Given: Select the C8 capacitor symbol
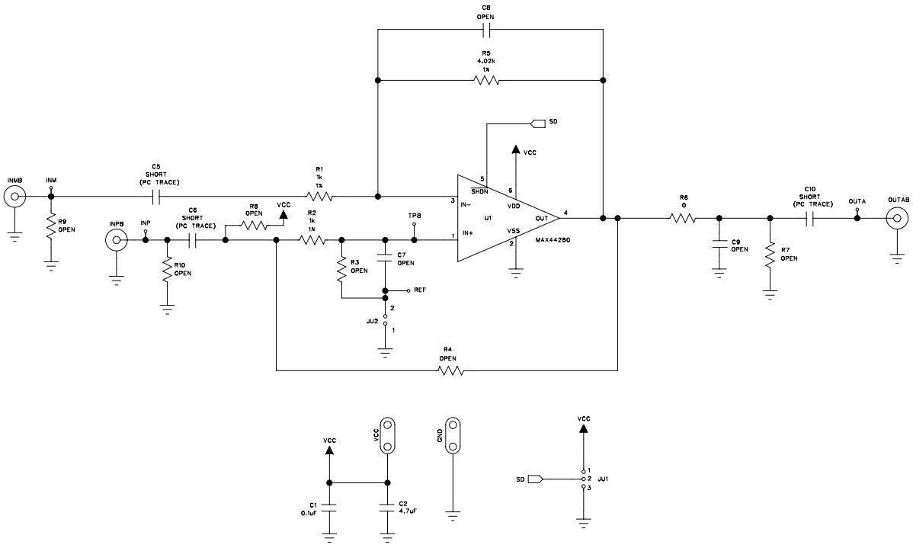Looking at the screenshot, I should coord(489,30).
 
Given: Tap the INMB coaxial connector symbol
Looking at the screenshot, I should coord(13,198).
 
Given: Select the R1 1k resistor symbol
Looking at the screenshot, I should coord(320,197).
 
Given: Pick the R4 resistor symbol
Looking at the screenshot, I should coord(450,372).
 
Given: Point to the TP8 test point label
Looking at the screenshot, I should coord(414,216).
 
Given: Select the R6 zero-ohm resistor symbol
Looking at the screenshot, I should coord(683,219).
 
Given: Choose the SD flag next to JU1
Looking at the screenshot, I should coord(533,479).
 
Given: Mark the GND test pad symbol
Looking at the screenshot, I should coord(453,435).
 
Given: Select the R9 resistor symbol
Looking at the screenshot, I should coord(50,229).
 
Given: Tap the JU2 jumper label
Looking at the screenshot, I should coord(372,322).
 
